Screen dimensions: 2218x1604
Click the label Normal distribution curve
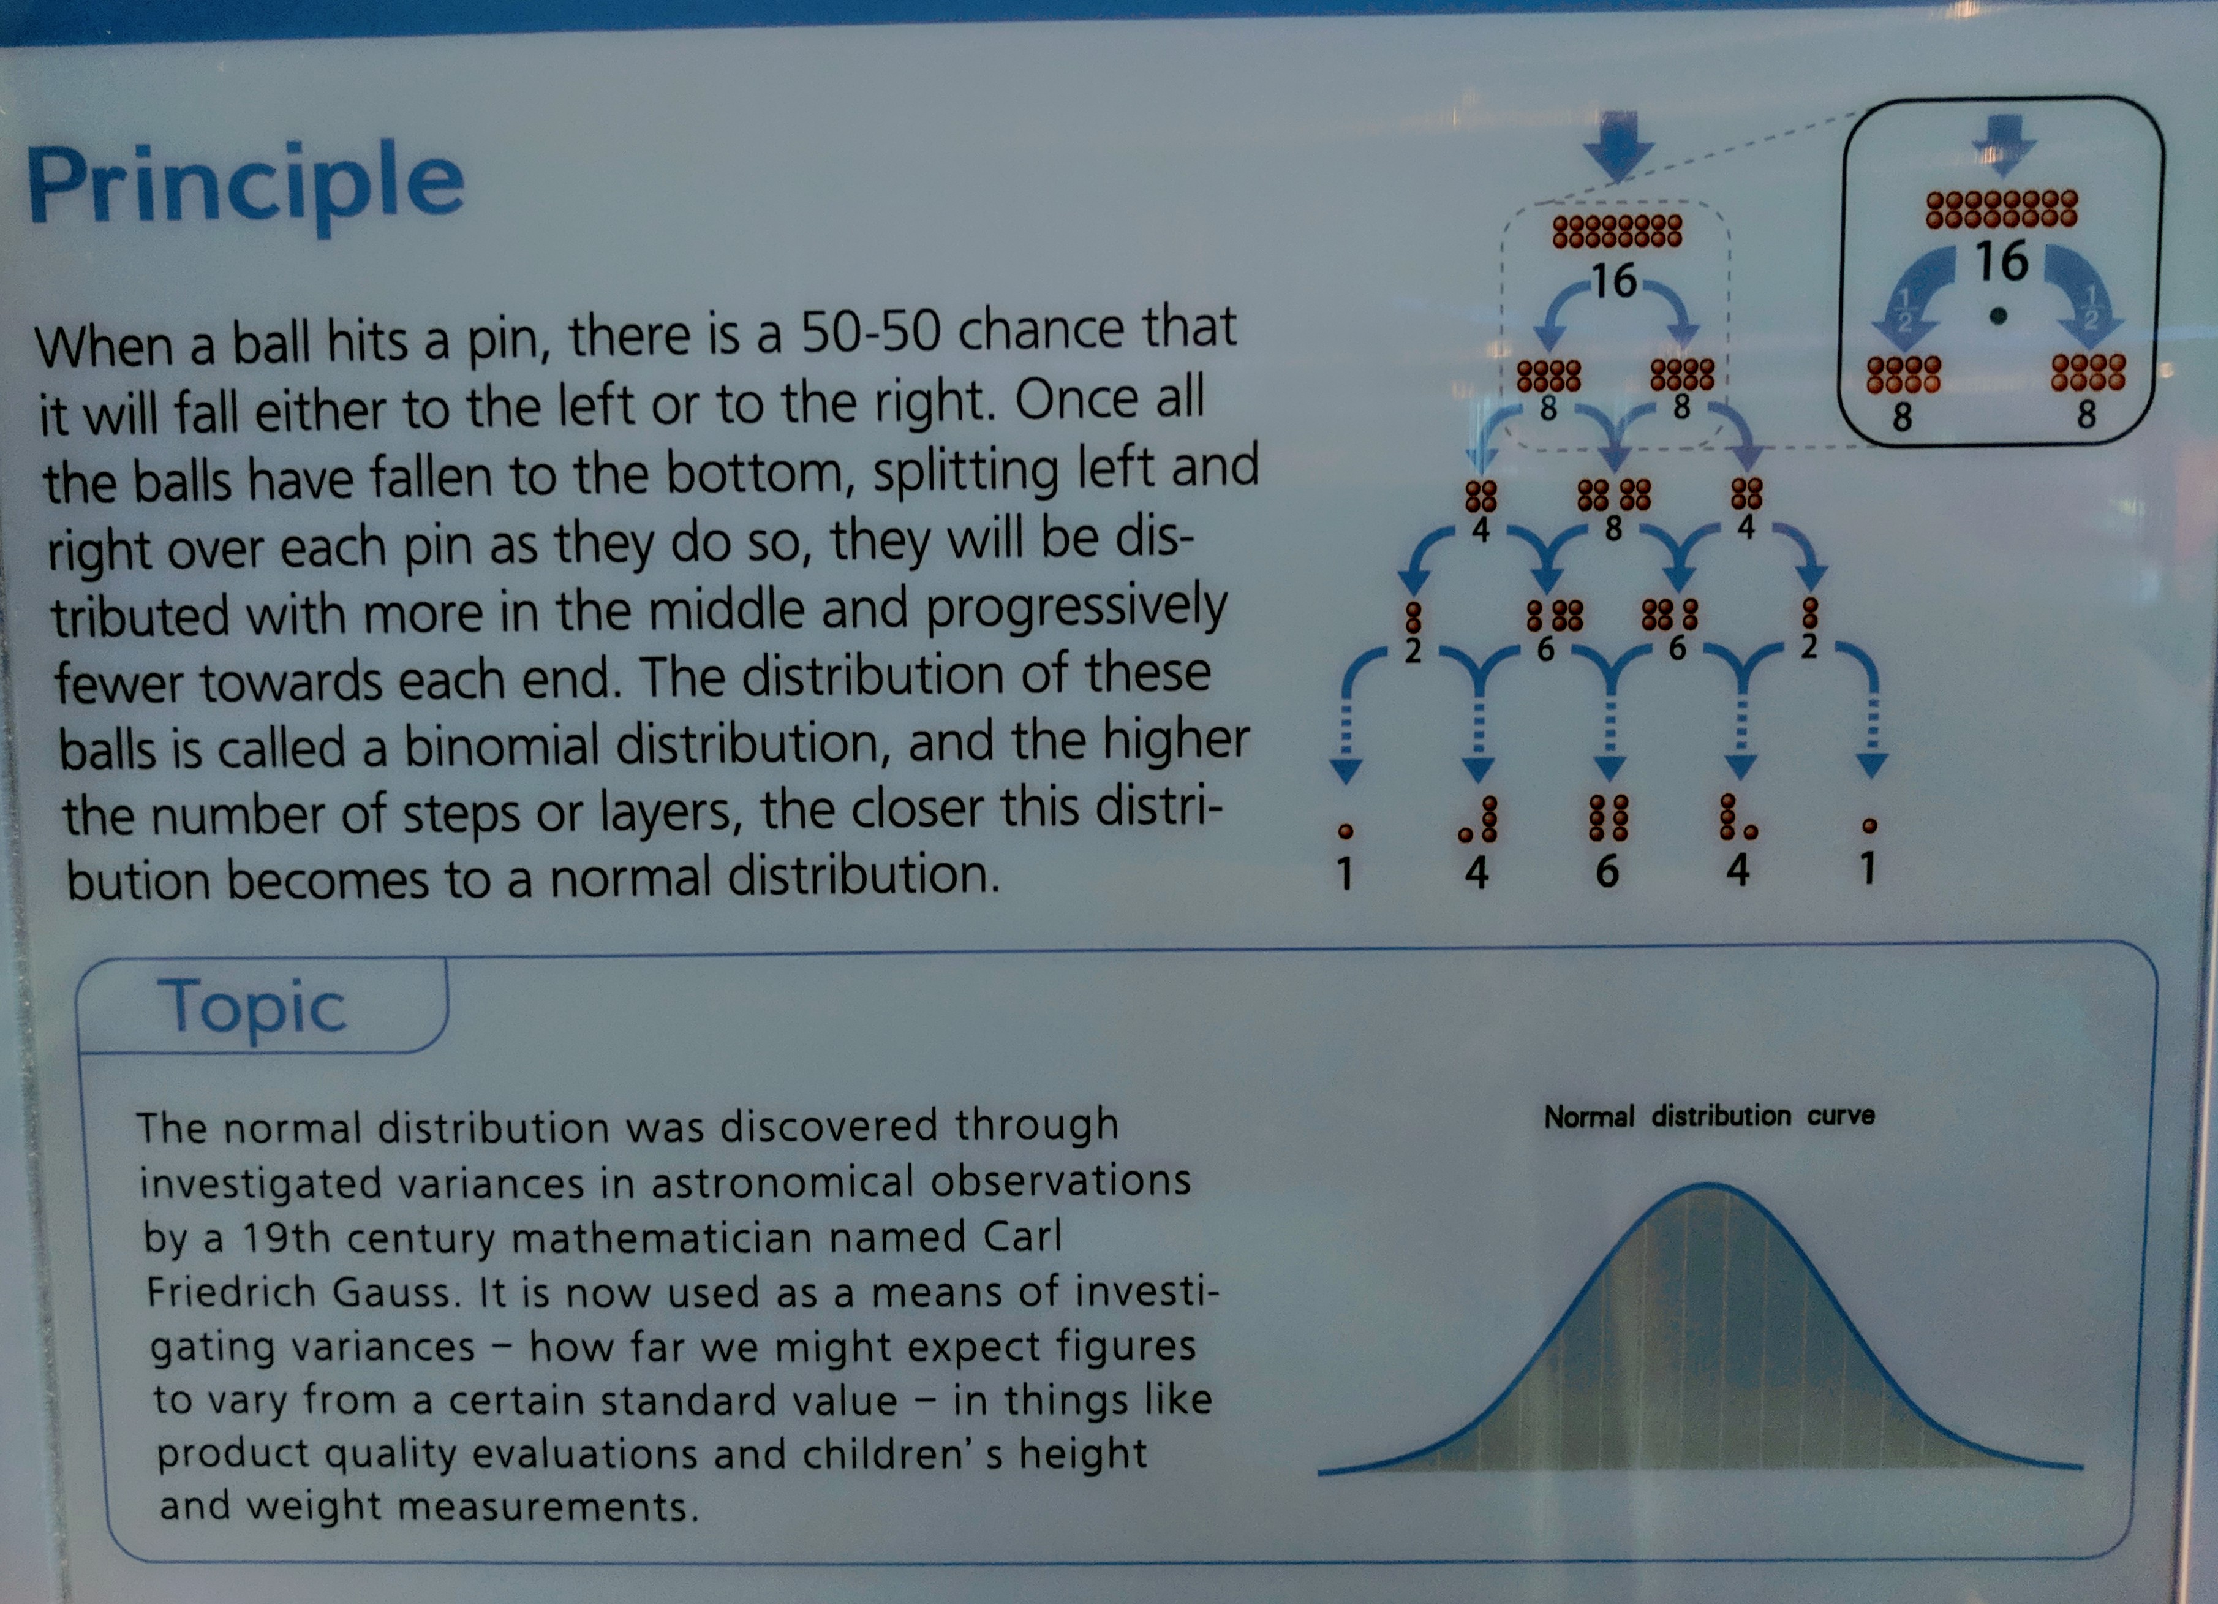(x=1708, y=1116)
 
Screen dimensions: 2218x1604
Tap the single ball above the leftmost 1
(x=1346, y=831)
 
